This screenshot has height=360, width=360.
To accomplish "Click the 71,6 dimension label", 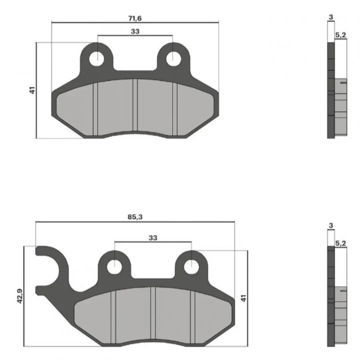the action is (135, 18).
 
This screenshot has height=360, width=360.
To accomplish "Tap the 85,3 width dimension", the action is (135, 217).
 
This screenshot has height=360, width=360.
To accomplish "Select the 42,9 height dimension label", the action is (20, 296).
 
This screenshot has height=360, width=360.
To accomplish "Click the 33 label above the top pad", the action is (135, 31).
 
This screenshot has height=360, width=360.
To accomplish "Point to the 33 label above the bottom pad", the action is (153, 238).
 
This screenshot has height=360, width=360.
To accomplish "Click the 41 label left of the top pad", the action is (32, 90).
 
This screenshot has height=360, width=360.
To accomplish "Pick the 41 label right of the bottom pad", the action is (243, 298).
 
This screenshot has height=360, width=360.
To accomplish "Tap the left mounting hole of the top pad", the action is (97, 59).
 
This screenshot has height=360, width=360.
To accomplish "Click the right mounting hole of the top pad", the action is (173, 59).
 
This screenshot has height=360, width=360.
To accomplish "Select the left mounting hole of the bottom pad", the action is (114, 267).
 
